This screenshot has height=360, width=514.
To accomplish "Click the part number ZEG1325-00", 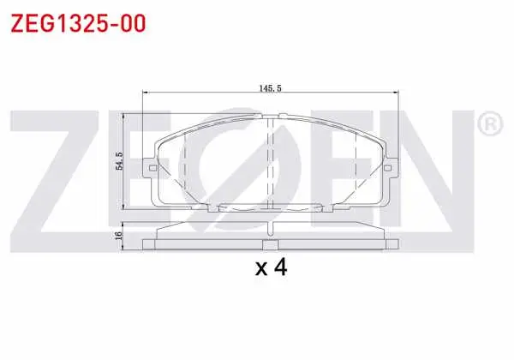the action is click(78, 23).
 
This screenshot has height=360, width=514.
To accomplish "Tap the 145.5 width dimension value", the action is click(271, 88).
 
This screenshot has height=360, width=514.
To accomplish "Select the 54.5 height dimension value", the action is click(120, 160).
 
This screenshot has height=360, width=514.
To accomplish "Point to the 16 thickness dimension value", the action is click(119, 235).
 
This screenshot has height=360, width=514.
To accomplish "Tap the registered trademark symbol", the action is click(490, 123).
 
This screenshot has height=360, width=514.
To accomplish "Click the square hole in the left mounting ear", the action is click(152, 168).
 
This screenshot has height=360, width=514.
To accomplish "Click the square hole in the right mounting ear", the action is click(387, 168).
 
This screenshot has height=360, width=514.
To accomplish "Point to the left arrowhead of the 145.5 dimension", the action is click(146, 93).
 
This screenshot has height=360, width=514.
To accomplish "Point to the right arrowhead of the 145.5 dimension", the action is click(396, 93).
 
